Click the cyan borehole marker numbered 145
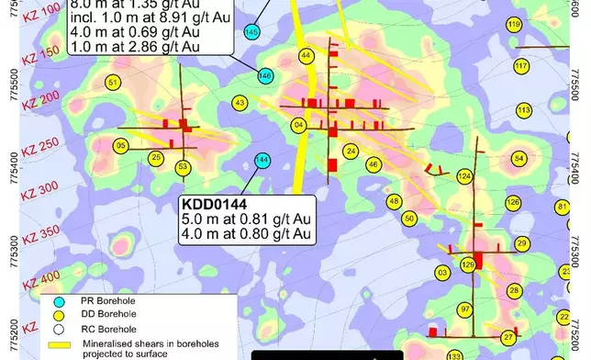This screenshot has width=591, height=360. (x=252, y=33)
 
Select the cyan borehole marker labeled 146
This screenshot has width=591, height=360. (x=265, y=74)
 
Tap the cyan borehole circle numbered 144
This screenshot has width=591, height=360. (x=262, y=160)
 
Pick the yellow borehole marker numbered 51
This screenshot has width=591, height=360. (x=113, y=83)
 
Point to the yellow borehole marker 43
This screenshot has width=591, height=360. (x=240, y=103)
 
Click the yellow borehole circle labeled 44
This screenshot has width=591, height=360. (x=306, y=56)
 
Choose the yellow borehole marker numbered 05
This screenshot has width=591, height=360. (x=120, y=145)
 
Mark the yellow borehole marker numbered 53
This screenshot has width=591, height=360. (x=184, y=166)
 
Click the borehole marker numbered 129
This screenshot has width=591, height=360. (x=468, y=264)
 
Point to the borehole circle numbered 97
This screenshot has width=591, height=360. (x=465, y=309)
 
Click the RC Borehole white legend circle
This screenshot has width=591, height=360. (x=54, y=328)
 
